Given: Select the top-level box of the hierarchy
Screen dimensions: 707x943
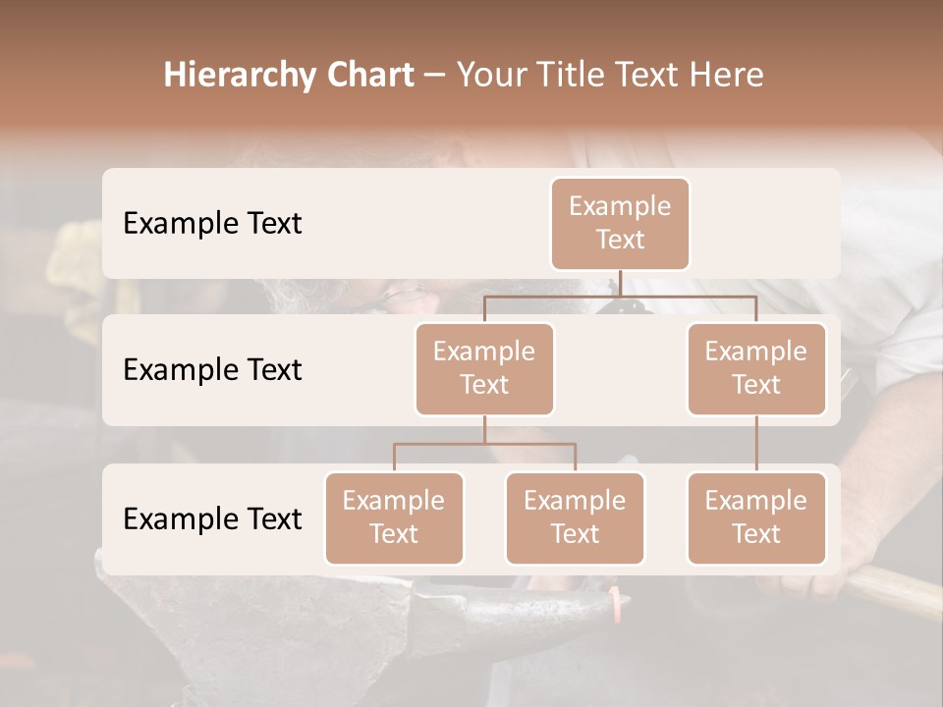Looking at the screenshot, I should [x=620, y=223].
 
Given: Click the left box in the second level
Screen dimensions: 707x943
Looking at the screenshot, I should [x=484, y=368].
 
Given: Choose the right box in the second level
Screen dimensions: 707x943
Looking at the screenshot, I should [x=756, y=368].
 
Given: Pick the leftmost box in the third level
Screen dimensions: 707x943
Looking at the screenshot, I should [x=394, y=517].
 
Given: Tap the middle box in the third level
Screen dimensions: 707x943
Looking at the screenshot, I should [x=575, y=517].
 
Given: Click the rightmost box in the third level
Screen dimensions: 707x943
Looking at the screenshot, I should [x=756, y=517].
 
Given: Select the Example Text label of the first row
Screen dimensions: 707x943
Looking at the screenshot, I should [x=212, y=223].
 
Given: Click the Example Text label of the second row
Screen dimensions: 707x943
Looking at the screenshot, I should [x=212, y=369].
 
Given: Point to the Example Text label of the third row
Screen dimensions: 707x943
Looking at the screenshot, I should [x=212, y=518].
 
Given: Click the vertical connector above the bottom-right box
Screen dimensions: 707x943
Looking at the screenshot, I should [x=756, y=444].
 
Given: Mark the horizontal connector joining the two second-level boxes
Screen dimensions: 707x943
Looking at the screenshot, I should [x=620, y=296].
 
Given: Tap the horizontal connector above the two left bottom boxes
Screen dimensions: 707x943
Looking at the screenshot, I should [x=484, y=444].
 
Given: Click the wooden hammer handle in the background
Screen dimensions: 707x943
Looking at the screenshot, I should [x=899, y=590].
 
